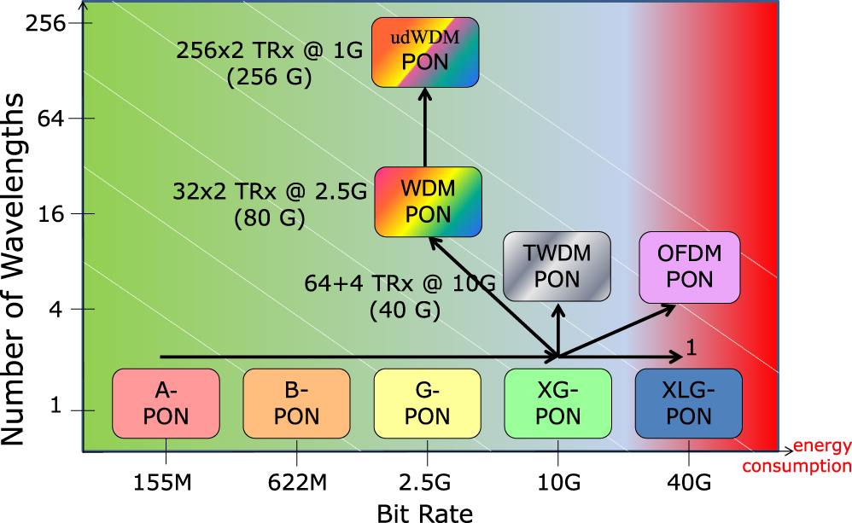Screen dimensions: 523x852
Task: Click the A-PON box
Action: coord(166,404)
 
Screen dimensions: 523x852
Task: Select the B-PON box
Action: coord(296,404)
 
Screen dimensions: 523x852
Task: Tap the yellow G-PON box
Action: coord(427,404)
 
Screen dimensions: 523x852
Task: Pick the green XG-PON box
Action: coord(557,404)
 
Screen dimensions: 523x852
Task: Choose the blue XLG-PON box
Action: coord(688,404)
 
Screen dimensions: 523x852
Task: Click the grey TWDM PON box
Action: coord(557,265)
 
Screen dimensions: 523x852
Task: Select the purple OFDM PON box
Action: coord(690,265)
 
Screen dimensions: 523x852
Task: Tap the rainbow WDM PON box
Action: coord(428,201)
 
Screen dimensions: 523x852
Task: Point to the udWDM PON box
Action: coord(426,51)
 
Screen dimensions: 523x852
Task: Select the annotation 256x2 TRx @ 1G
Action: coord(270,51)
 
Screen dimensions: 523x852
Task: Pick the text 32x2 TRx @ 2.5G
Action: coord(270,190)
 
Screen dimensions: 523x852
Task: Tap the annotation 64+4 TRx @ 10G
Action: coord(400,283)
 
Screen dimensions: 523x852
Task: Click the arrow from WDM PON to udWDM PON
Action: coord(425,128)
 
